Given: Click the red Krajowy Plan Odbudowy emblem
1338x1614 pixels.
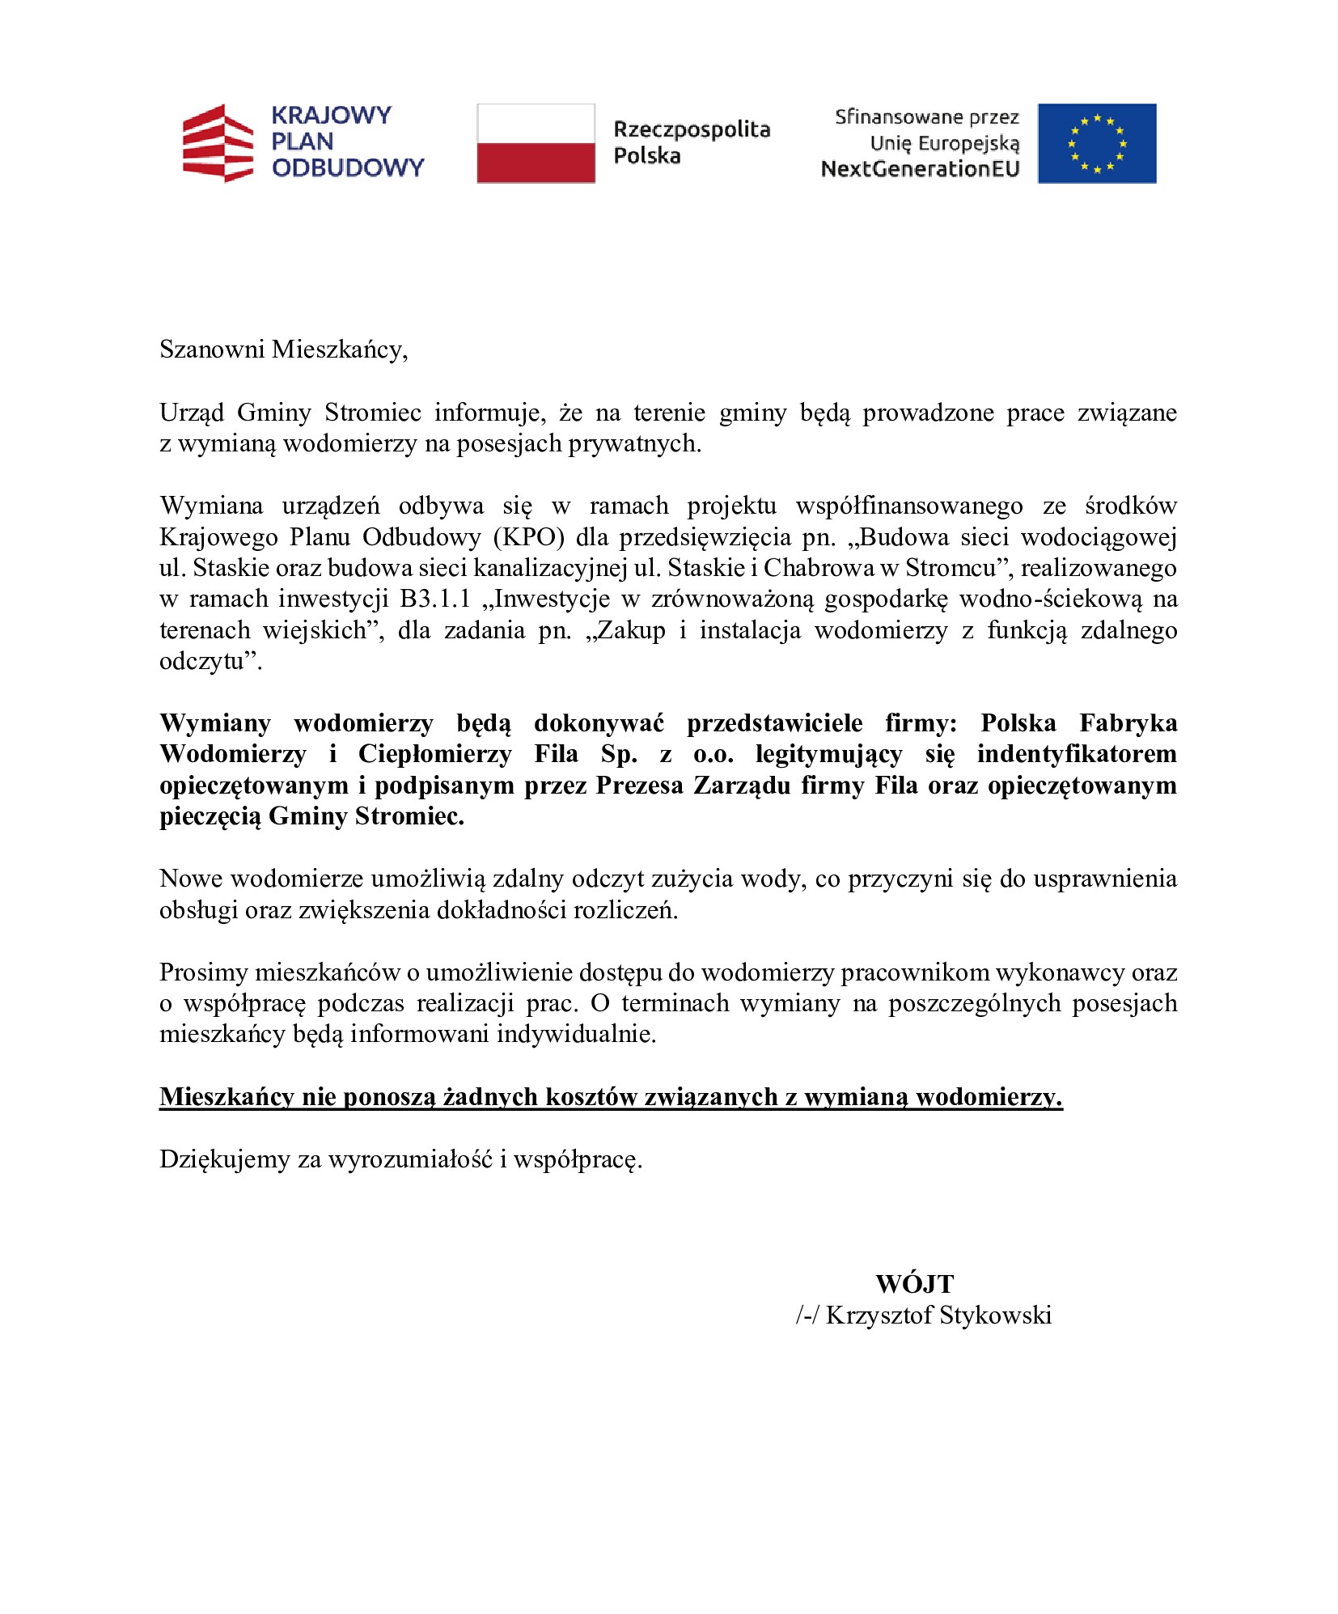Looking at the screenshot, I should [218, 143].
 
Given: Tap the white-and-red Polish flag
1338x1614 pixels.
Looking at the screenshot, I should [536, 143].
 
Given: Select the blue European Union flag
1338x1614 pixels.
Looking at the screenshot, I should [1096, 143].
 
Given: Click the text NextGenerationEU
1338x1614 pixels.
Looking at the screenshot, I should [920, 169].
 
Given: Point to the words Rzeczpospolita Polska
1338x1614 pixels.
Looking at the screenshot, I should [691, 142].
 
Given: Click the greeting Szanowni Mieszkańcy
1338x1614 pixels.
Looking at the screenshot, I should [283, 349].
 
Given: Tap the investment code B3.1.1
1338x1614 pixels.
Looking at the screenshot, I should [434, 599].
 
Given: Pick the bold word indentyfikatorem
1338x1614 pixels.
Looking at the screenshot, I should [1076, 754].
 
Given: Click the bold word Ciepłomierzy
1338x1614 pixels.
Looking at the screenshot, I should [434, 754].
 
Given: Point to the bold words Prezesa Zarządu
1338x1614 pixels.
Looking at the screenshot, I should [692, 786].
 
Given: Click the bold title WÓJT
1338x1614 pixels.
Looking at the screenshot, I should [914, 1284].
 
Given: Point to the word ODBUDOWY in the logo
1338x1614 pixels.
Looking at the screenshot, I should [348, 168].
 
